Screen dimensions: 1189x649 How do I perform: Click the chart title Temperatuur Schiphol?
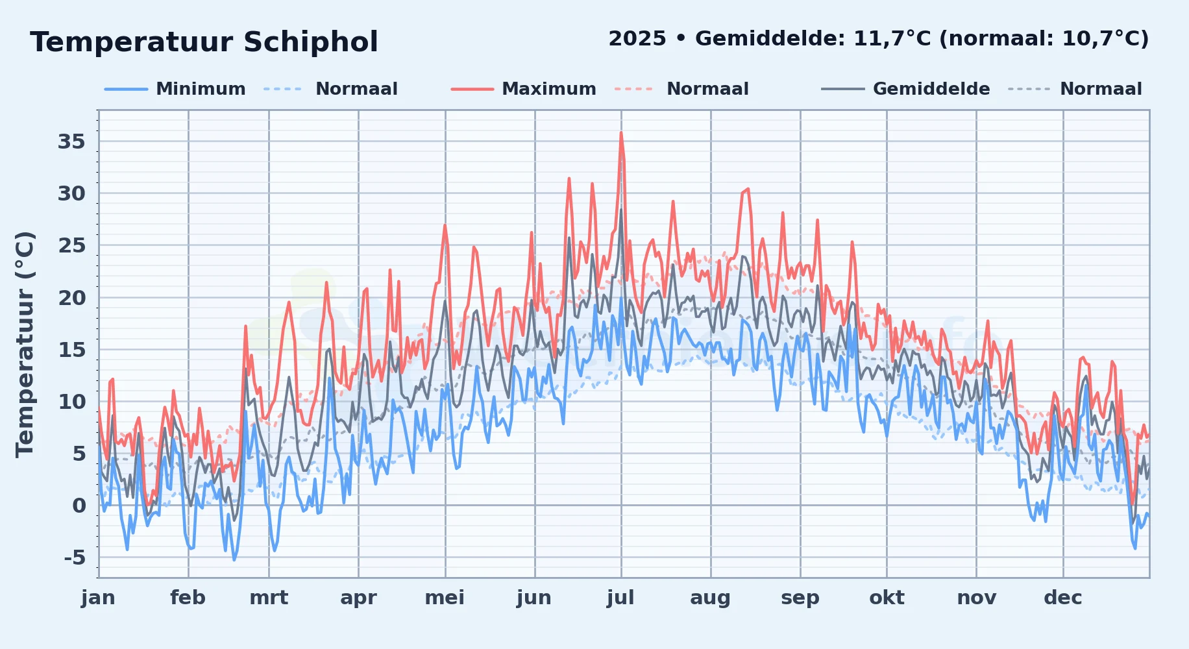(x=204, y=42)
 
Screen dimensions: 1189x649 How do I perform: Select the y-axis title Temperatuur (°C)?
(x=25, y=344)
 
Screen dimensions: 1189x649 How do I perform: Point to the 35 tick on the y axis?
(x=71, y=141)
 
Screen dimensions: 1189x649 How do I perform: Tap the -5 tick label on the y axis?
(x=75, y=557)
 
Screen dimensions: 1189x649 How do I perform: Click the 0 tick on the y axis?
(x=79, y=506)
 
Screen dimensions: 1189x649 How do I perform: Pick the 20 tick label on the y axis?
(x=71, y=298)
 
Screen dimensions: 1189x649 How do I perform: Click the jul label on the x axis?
(x=621, y=598)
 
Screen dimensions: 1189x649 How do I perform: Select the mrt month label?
(x=269, y=598)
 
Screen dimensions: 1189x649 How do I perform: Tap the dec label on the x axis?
(x=1063, y=598)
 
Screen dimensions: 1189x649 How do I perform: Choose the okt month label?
(x=887, y=598)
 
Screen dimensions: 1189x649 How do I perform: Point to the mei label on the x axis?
(x=445, y=598)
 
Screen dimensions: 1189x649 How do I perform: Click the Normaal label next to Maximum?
(x=707, y=89)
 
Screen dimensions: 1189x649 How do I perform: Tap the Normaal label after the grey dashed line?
(x=1101, y=89)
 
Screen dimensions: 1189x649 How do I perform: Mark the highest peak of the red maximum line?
(x=621, y=133)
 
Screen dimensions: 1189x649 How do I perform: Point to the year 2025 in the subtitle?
(x=637, y=39)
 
